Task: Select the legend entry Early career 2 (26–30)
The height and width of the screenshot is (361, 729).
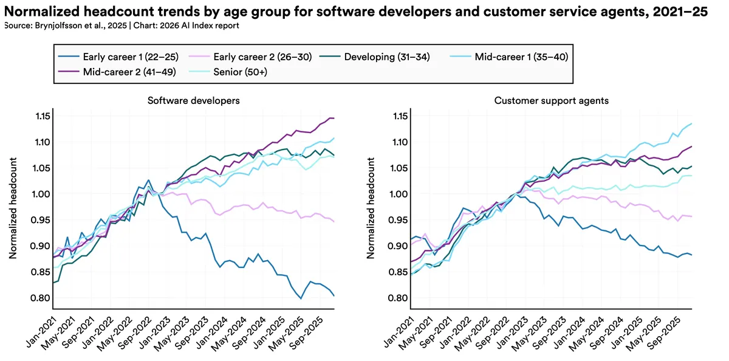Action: click(256, 58)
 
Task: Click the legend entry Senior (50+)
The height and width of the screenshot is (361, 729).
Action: click(241, 72)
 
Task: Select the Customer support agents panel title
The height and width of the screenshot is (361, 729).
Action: click(551, 100)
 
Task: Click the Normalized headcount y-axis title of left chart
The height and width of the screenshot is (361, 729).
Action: click(13, 207)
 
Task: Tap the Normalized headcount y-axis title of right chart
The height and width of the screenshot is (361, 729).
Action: click(371, 207)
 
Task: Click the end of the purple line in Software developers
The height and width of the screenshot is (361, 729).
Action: click(334, 118)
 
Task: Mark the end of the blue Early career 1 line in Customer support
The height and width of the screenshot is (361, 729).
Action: click(691, 255)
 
